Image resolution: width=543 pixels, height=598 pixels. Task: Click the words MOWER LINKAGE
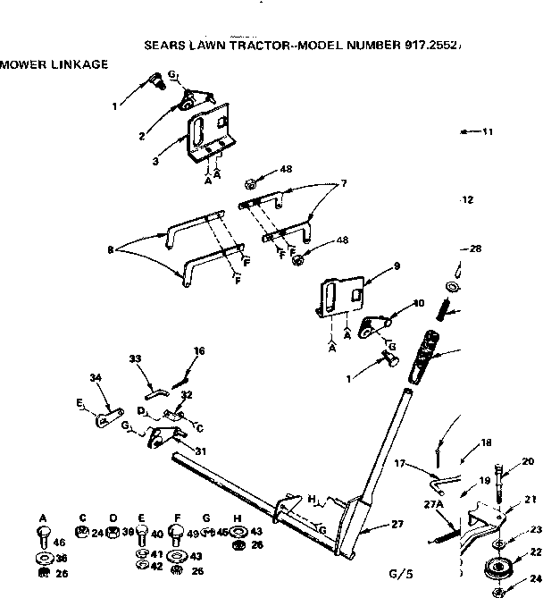(x=54, y=63)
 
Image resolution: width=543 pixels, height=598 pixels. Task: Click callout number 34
(x=96, y=378)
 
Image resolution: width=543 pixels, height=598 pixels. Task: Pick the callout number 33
(x=135, y=358)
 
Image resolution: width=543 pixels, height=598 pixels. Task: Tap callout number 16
(x=199, y=351)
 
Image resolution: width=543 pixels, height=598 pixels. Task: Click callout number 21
(x=530, y=500)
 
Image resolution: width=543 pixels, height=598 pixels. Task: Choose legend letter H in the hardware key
(x=236, y=518)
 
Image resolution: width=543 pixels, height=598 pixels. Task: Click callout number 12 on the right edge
(x=467, y=200)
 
